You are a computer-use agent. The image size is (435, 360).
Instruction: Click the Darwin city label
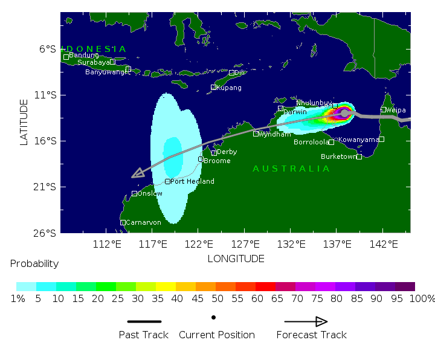point(295,112)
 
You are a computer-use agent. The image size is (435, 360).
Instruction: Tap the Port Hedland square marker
point(167,181)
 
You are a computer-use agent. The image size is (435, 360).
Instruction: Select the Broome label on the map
point(217,161)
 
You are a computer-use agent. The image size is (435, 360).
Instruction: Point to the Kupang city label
point(229,88)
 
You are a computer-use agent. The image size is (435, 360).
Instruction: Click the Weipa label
point(396,110)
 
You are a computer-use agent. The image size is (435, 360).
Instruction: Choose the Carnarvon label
point(143,222)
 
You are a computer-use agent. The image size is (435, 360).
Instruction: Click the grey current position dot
point(344,113)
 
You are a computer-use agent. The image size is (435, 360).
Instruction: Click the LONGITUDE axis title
point(236,259)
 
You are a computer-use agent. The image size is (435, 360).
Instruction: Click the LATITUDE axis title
point(24,122)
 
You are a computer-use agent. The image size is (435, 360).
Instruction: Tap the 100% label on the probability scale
point(425,298)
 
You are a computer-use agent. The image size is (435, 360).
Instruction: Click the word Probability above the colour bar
point(34,264)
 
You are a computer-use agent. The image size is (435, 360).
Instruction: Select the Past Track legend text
point(143,335)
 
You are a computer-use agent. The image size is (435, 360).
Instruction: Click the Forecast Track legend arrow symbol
point(306,321)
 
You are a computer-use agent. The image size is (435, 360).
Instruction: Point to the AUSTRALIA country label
point(291,169)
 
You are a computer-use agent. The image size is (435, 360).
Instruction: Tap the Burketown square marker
point(359,156)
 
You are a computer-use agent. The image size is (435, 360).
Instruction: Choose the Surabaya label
point(94,62)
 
